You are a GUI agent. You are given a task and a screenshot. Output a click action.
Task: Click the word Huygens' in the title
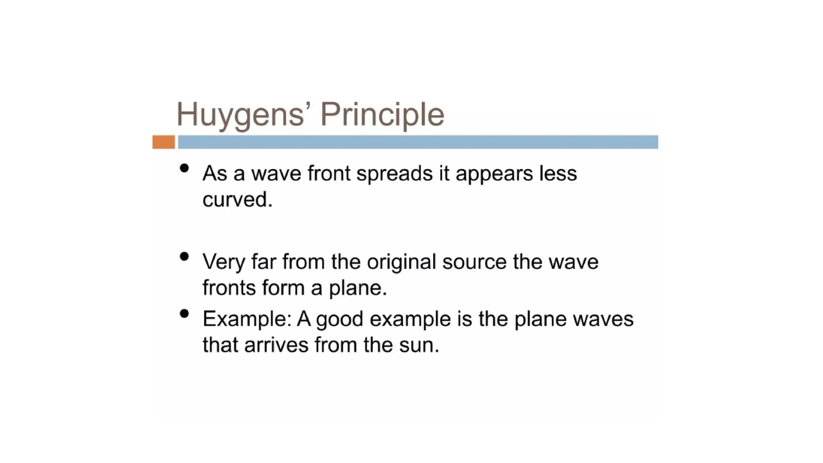point(241,114)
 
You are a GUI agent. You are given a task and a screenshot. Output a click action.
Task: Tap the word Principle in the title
point(382,114)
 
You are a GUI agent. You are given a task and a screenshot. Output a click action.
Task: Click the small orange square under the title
point(164,142)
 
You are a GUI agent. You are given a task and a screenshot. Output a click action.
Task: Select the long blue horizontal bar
point(418,142)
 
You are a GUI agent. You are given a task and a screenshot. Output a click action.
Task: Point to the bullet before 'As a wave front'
point(184,168)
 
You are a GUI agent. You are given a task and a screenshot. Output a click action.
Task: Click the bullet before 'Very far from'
point(184,256)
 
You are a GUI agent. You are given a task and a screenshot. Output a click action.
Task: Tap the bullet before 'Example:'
point(184,313)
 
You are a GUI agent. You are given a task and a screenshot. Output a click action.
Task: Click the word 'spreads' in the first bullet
point(394,174)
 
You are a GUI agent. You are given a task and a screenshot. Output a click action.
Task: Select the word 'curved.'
point(237,199)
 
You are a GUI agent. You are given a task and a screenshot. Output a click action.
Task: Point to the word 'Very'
point(224,262)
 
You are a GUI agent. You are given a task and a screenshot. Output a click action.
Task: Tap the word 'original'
point(401,262)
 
